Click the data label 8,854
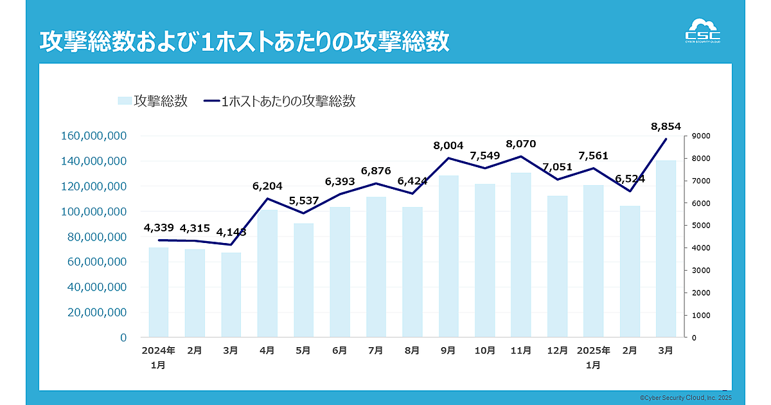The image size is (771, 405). point(665,126)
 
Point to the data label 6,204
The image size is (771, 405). point(268,186)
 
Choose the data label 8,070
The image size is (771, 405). point(520,144)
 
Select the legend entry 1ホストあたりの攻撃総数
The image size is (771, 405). point(279,101)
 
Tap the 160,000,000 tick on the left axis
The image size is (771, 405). point(94,136)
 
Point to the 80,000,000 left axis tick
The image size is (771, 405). point(96,237)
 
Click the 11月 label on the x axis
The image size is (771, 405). point(520,350)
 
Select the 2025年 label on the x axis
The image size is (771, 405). point(594,350)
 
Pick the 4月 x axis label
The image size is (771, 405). point(267,350)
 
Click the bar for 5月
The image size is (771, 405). point(303,280)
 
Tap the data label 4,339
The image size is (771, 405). point(159,228)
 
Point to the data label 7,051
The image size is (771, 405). point(557,167)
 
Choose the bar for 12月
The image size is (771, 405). point(557,266)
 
